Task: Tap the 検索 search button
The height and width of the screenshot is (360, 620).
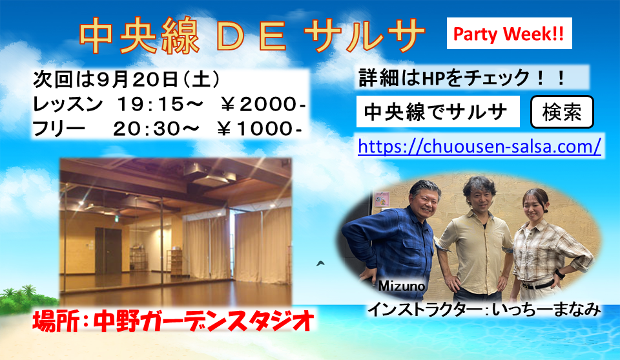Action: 561,113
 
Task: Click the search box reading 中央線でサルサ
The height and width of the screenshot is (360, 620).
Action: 437,113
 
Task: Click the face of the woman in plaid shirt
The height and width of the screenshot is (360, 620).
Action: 535,206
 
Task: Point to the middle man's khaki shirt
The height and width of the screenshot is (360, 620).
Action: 480,242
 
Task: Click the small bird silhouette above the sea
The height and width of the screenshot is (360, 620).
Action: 320,263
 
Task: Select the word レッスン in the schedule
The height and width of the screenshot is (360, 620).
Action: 67,104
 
